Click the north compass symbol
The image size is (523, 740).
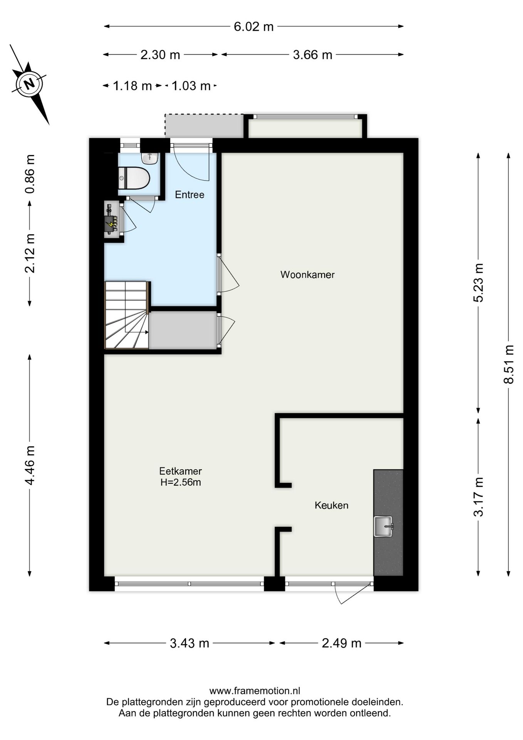click(29, 83)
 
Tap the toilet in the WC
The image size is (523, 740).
click(134, 178)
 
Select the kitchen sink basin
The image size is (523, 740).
click(383, 526)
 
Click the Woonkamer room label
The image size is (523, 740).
click(307, 275)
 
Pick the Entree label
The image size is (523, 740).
click(189, 195)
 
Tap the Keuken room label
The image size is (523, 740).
click(331, 505)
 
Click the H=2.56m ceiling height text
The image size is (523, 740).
click(181, 482)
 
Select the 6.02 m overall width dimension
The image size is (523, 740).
click(254, 27)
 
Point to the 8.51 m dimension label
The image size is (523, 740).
click(509, 364)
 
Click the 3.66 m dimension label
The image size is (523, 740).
click(312, 55)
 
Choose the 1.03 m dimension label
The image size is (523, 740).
click(191, 86)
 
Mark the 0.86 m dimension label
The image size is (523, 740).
click(30, 174)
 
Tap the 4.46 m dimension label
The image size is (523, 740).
click(30, 465)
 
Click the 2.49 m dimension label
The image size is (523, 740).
click(342, 643)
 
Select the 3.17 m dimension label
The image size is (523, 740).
click(478, 496)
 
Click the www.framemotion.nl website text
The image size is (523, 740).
click(255, 691)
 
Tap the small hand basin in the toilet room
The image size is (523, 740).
click(149, 158)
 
